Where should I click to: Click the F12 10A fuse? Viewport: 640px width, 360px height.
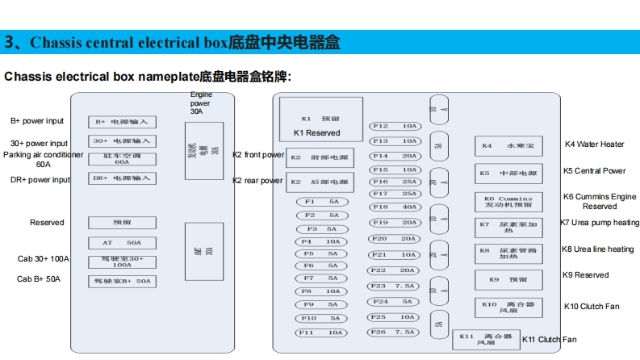point(395,126)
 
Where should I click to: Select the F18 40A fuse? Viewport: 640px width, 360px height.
point(395,207)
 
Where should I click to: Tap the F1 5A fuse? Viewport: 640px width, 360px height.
point(320,202)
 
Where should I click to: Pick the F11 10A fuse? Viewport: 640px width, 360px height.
point(320,333)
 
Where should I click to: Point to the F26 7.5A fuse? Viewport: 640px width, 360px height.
point(395,333)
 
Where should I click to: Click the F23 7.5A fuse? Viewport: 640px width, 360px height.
point(395,287)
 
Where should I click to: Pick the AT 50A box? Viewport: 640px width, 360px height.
point(122,243)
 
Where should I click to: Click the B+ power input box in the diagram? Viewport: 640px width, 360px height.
point(122,122)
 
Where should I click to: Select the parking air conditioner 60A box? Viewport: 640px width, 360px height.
point(122,159)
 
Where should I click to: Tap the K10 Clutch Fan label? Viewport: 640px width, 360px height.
point(592,307)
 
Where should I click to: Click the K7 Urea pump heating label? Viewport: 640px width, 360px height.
point(600,223)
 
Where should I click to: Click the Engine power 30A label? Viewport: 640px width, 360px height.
point(201,103)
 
